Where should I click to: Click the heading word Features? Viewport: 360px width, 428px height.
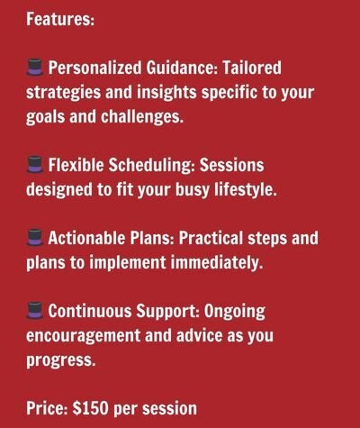tap(60, 19)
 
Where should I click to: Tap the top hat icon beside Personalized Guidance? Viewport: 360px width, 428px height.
tap(35, 68)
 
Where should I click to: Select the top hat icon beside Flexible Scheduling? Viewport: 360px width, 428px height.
tap(35, 165)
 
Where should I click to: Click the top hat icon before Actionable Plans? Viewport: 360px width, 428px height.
tap(35, 238)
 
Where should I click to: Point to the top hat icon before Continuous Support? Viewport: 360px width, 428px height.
tap(35, 311)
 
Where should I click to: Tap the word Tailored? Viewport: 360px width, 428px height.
tap(252, 68)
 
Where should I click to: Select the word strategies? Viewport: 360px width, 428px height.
tap(64, 93)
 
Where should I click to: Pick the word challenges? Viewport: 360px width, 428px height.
tap(142, 116)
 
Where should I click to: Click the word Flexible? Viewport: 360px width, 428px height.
tap(76, 165)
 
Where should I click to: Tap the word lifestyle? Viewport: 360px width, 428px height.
tap(245, 189)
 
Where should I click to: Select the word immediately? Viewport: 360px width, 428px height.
tap(217, 262)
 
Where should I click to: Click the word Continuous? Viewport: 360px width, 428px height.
tap(90, 311)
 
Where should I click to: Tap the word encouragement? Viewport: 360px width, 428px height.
tap(84, 336)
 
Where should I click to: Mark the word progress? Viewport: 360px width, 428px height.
tap(61, 360)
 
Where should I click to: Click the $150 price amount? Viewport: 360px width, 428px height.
tap(90, 408)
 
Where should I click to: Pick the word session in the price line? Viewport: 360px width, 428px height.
tap(169, 409)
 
